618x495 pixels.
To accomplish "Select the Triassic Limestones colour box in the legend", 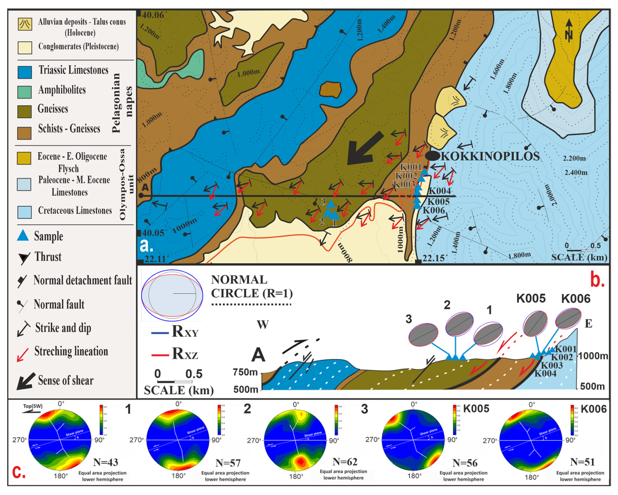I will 25,72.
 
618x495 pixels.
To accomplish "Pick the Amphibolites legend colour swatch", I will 25,92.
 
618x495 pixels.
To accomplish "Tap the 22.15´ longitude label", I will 434,258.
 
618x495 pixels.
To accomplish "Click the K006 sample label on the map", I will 434,210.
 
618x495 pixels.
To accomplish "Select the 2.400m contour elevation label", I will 576,172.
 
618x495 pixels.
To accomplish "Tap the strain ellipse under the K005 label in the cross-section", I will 535,324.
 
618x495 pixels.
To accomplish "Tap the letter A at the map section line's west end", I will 145,187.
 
